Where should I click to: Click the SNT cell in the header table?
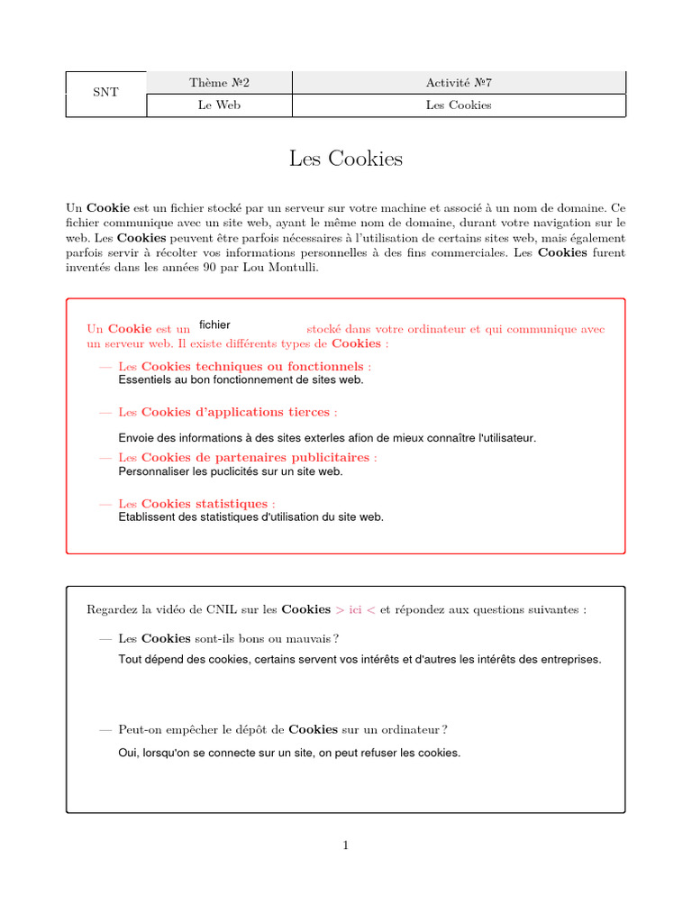point(105,94)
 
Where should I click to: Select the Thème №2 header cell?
point(219,83)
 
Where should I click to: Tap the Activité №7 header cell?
point(459,83)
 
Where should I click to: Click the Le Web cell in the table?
point(219,105)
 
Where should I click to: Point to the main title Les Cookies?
point(346,160)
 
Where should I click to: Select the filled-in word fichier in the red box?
point(214,324)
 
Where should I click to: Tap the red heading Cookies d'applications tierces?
point(235,412)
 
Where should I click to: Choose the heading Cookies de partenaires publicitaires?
point(255,458)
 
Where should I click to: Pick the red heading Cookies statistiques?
point(205,504)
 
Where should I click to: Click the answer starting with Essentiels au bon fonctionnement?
point(241,380)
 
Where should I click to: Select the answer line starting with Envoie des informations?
point(326,438)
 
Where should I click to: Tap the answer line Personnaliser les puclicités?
point(231,471)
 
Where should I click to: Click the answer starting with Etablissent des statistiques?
point(250,517)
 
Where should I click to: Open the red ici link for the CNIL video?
point(355,609)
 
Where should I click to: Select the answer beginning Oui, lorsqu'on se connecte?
point(288,753)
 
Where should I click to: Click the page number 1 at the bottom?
point(345,845)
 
